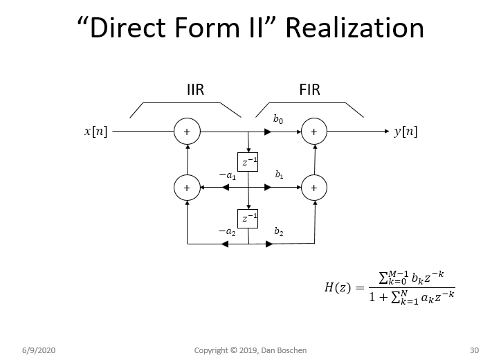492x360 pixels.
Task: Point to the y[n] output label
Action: (406, 131)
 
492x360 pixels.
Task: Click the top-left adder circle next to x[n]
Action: (187, 131)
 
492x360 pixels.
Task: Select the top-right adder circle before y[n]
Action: (314, 131)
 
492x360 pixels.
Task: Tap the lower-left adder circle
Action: (187, 187)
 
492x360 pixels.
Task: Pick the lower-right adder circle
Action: (314, 187)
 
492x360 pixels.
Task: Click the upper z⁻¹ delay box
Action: (248, 162)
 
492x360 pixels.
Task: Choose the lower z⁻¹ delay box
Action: (248, 219)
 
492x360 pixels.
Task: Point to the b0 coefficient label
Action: (277, 120)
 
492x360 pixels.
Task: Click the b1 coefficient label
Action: (278, 176)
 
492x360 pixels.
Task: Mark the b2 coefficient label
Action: (278, 232)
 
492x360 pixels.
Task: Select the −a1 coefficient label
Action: (227, 177)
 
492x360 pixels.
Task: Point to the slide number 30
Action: (474, 349)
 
